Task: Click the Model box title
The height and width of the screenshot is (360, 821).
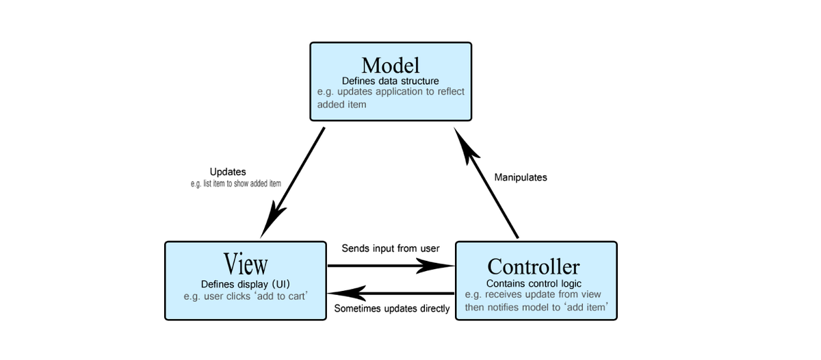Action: [390, 65]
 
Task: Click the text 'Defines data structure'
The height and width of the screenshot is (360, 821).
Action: [390, 80]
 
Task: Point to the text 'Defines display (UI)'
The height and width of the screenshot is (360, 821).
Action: [246, 283]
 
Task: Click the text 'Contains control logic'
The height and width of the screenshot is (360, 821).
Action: [534, 283]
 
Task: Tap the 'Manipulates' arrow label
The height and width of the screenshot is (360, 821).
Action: [520, 177]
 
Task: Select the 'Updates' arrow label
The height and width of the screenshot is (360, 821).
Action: [227, 172]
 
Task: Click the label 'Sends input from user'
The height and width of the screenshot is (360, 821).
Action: [391, 248]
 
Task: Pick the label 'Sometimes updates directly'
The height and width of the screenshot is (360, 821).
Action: [392, 309]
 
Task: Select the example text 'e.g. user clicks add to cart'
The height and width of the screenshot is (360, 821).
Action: [246, 296]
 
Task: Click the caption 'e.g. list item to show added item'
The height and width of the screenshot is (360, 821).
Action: [236, 183]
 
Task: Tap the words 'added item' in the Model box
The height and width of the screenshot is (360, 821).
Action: [341, 105]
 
